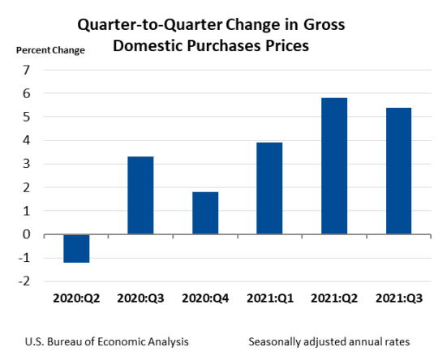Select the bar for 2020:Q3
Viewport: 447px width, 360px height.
tap(140, 195)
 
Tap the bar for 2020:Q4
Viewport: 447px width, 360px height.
tap(205, 213)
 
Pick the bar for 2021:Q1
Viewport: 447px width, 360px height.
tap(270, 188)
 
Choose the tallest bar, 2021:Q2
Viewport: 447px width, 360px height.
tap(335, 166)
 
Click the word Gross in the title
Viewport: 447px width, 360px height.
tap(321, 25)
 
